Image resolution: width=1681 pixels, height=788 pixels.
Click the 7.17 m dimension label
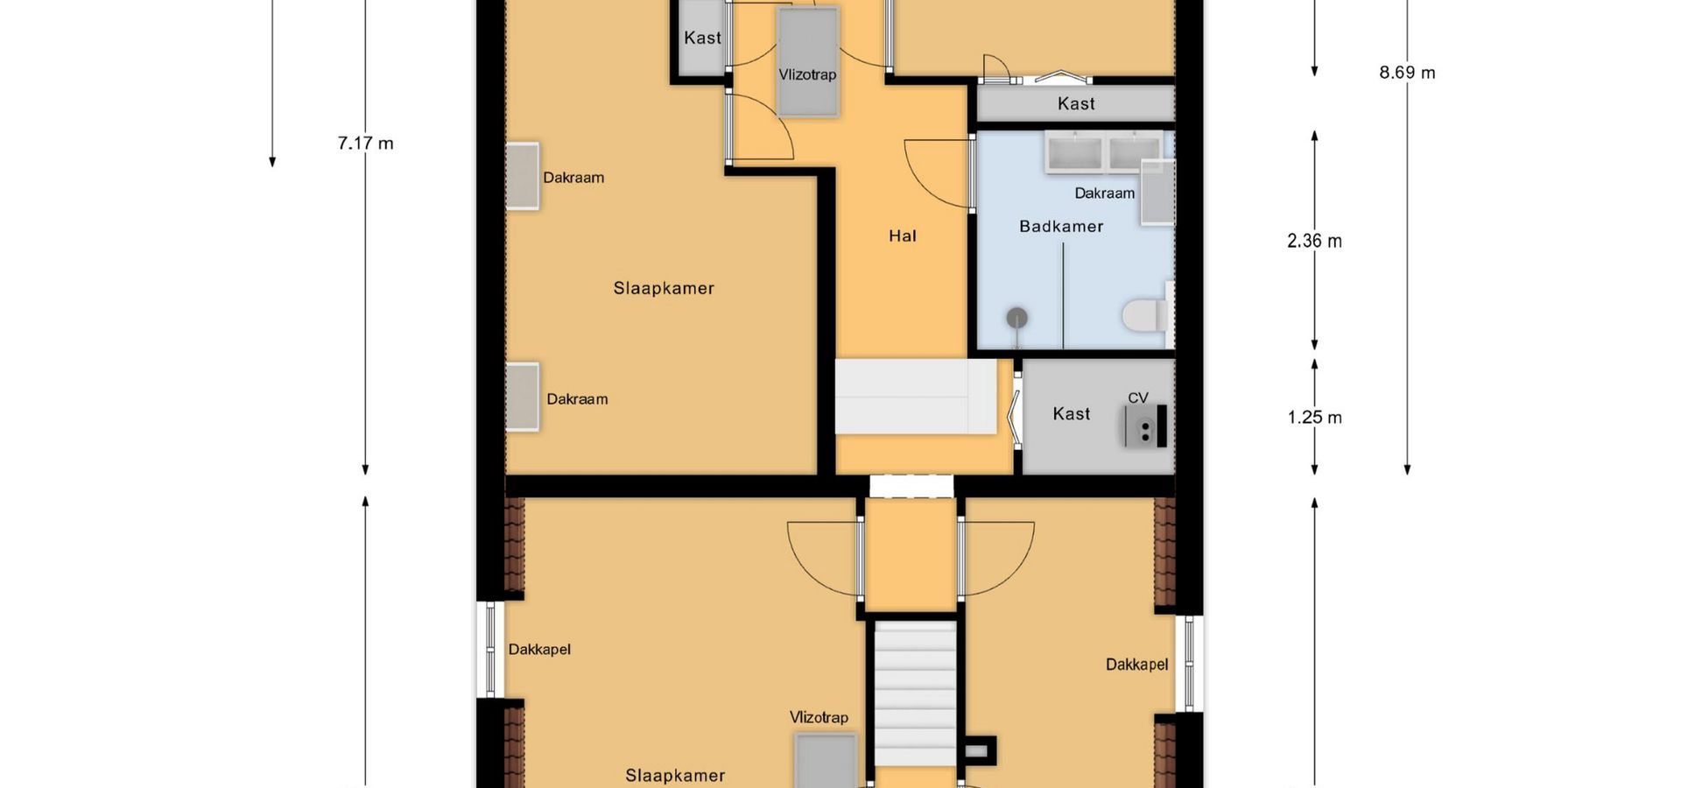pyautogui.click(x=365, y=143)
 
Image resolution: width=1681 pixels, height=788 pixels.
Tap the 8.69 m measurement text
pyautogui.click(x=1407, y=73)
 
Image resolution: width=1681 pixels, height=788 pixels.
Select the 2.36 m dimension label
pyautogui.click(x=1314, y=241)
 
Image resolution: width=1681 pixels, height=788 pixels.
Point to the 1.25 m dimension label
pyautogui.click(x=1314, y=418)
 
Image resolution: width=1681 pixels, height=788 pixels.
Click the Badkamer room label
pyautogui.click(x=1061, y=227)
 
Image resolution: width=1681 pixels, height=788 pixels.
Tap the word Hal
pyautogui.click(x=903, y=236)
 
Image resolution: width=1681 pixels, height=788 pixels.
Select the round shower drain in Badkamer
pyautogui.click(x=1016, y=319)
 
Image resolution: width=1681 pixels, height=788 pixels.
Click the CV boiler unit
pyautogui.click(x=1147, y=426)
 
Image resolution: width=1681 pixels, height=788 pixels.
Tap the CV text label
pyautogui.click(x=1138, y=398)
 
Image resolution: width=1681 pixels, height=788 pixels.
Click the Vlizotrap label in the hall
pyautogui.click(x=807, y=74)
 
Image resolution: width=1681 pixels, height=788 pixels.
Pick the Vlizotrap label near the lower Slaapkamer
pyautogui.click(x=819, y=717)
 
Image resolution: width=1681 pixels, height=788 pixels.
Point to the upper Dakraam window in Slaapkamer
pyautogui.click(x=523, y=176)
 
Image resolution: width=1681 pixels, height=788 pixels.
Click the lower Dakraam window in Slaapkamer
pyautogui.click(x=523, y=398)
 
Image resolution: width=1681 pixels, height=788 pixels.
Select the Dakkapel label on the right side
pyautogui.click(x=1136, y=665)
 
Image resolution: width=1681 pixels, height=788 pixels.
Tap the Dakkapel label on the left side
pyautogui.click(x=539, y=650)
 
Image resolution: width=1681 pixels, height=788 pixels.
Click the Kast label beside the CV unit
pyautogui.click(x=1072, y=414)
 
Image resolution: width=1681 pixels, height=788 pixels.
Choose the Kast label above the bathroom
pyautogui.click(x=1076, y=104)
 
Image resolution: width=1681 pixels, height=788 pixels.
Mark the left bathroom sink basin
pyautogui.click(x=1074, y=152)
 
